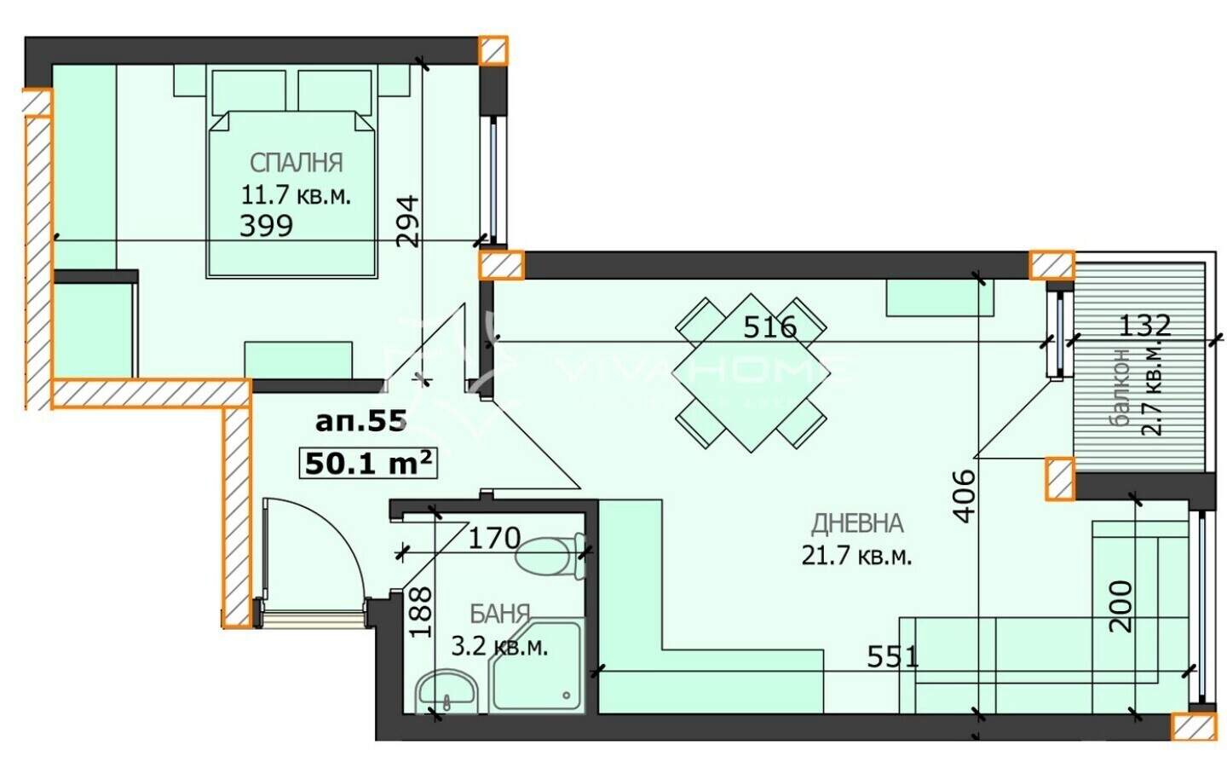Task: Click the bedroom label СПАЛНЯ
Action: [296, 163]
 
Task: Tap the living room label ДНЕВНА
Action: [856, 523]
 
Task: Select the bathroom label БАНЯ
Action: [499, 615]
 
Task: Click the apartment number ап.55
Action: [361, 422]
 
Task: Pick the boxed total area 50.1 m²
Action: [368, 464]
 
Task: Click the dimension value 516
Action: [769, 327]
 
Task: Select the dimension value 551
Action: [892, 657]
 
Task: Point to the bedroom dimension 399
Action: [266, 225]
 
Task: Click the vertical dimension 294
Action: [407, 222]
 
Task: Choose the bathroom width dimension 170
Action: [494, 538]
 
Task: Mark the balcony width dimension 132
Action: [1144, 326]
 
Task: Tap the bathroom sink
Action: [445, 691]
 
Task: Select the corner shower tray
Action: [538, 667]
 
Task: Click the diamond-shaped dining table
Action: [751, 372]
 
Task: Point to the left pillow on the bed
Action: [249, 91]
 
